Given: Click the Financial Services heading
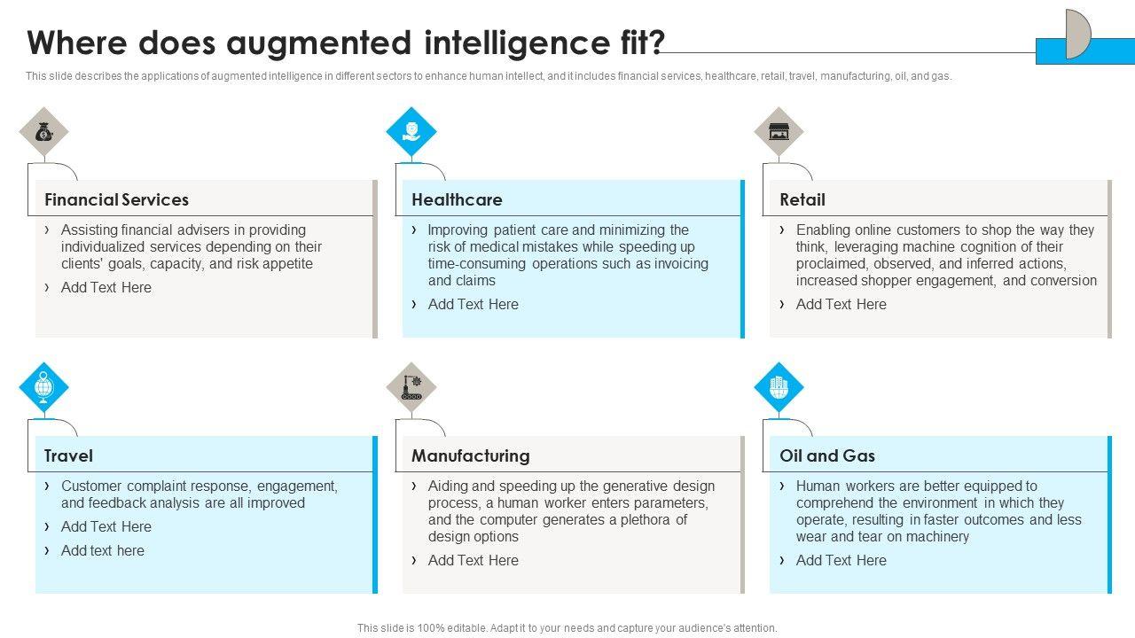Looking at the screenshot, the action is [x=116, y=199].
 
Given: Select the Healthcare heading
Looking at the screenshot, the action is [x=457, y=199].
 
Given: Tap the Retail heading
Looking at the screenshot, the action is [x=802, y=199].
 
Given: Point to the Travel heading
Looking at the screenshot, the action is [x=68, y=455].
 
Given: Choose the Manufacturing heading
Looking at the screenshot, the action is [x=470, y=455].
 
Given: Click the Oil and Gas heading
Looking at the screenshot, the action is [x=827, y=455].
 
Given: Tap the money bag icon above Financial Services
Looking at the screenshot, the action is [x=43, y=133].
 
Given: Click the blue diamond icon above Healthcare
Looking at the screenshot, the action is [x=411, y=133].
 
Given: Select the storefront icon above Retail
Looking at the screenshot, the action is [x=779, y=133].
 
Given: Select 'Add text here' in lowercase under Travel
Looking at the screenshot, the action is [x=102, y=550].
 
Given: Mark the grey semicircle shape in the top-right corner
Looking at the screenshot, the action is [x=1077, y=35].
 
